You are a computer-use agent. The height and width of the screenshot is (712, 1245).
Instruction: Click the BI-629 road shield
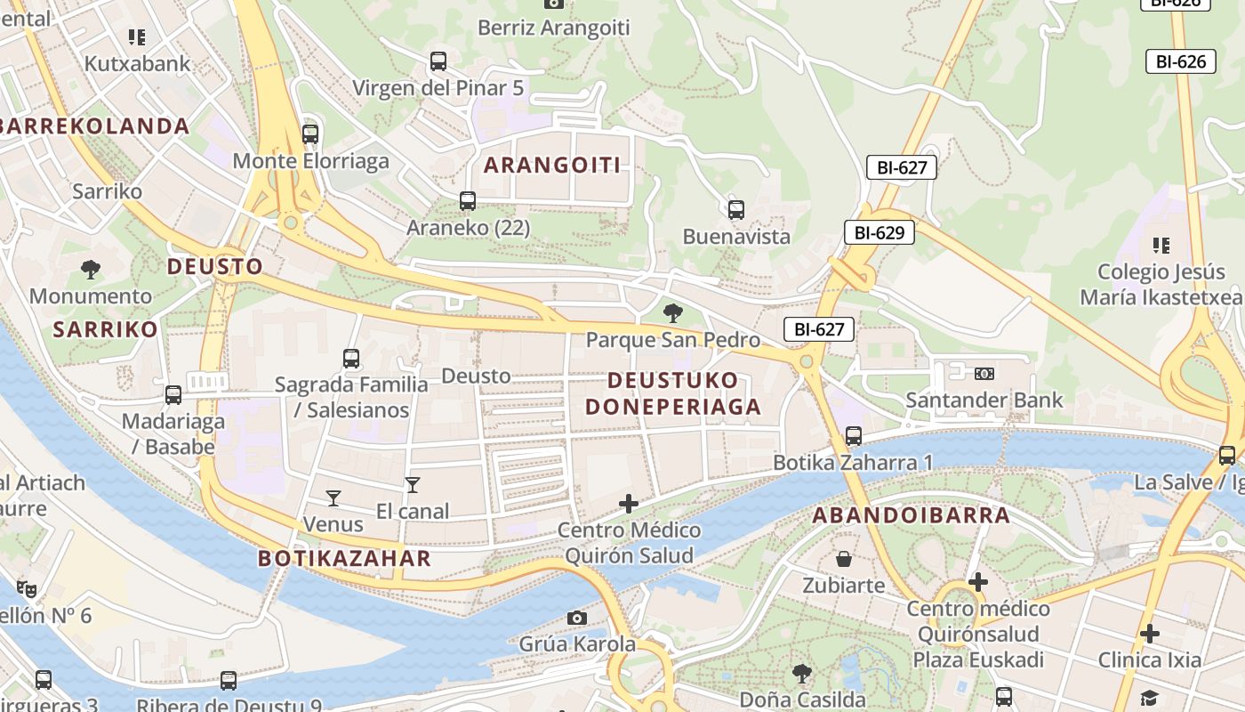point(880,233)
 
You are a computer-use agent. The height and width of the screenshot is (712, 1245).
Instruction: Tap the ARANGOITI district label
point(551,165)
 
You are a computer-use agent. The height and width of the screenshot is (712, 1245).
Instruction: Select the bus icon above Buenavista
point(736,210)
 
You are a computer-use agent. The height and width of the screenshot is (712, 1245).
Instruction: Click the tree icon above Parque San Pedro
point(673,313)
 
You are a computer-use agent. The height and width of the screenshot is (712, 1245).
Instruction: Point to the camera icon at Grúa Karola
point(577,618)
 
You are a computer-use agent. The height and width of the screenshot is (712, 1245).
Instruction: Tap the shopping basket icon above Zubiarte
point(844,559)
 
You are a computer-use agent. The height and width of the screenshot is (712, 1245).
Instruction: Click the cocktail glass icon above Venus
point(333,498)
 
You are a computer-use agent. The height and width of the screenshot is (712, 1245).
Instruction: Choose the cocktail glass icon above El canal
point(413,485)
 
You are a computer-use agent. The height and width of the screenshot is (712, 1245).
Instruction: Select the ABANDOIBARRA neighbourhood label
point(912,515)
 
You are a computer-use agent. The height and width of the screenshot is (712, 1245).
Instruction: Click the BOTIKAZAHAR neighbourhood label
point(344,559)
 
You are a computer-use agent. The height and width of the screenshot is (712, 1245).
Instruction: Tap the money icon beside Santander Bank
point(984,374)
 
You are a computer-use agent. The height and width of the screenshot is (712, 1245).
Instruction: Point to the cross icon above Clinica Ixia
point(1150,634)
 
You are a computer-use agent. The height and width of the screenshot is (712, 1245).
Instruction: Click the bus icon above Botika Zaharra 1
point(854,436)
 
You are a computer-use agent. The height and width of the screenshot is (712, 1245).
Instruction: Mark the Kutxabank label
point(137,63)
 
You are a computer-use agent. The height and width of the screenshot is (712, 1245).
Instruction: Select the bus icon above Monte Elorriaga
point(310,134)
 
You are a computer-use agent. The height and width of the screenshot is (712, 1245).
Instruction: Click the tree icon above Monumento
point(90,269)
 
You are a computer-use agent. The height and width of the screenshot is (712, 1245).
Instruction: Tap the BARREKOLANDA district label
point(94,126)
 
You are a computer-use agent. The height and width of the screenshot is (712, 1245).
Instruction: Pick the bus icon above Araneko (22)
point(468,201)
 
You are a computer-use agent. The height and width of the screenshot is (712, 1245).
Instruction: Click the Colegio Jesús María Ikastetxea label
point(1161,284)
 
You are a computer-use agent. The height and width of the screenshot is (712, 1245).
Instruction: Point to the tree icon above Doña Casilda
point(802,673)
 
